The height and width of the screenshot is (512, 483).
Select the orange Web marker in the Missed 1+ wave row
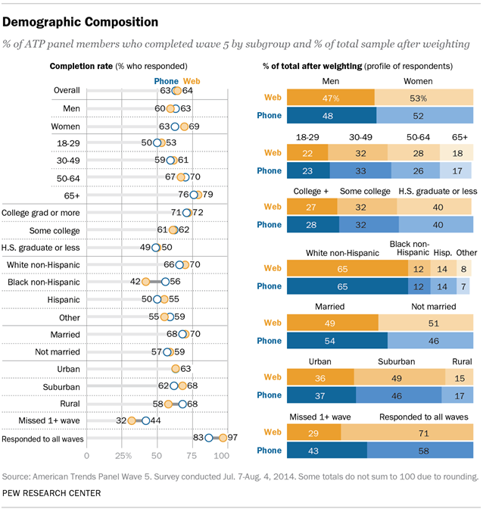[132, 420]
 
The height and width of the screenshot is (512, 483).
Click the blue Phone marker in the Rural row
[182, 404]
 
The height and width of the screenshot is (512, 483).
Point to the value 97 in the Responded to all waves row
[233, 438]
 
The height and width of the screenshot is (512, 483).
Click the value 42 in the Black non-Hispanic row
[136, 281]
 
